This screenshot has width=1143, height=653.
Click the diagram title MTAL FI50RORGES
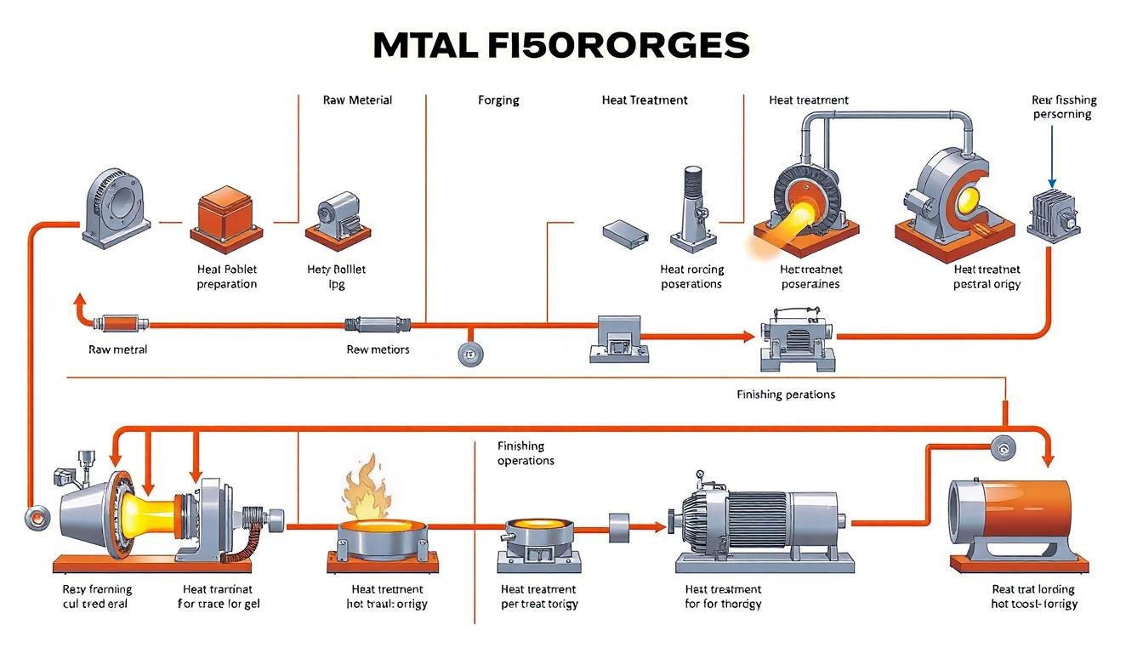pyautogui.click(x=561, y=45)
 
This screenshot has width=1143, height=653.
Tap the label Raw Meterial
pyautogui.click(x=357, y=99)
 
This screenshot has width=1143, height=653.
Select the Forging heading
pyautogui.click(x=498, y=99)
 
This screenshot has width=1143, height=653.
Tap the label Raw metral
pyautogui.click(x=117, y=349)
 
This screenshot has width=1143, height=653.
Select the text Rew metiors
pyautogui.click(x=378, y=349)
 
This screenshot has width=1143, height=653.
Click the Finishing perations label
pyautogui.click(x=786, y=395)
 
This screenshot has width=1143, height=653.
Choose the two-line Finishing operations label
pyautogui.click(x=526, y=453)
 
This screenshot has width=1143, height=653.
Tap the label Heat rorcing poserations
pyautogui.click(x=691, y=276)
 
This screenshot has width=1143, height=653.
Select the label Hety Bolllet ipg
pyautogui.click(x=336, y=276)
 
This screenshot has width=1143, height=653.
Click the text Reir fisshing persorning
pyautogui.click(x=1063, y=106)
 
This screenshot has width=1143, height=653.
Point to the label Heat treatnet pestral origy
pyautogui.click(x=987, y=276)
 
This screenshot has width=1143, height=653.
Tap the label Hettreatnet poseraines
pyautogui.click(x=810, y=276)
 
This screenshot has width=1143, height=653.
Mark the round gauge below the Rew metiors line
pyautogui.click(x=469, y=355)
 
